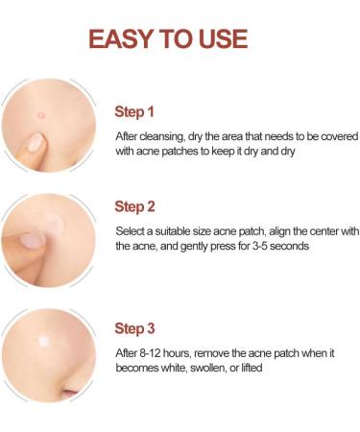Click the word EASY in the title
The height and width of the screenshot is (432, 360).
click(120, 38)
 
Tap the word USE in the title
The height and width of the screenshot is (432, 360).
click(223, 38)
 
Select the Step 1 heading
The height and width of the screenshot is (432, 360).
click(134, 112)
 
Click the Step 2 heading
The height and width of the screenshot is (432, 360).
click(134, 206)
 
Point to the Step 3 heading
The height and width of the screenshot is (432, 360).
click(134, 328)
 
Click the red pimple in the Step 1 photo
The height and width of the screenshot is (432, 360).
click(41, 114)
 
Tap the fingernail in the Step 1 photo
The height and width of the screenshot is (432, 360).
click(35, 142)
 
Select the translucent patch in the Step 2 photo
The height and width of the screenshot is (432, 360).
click(53, 224)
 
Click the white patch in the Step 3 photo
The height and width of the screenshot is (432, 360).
click(44, 341)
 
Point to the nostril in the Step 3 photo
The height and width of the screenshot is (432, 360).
click(70, 393)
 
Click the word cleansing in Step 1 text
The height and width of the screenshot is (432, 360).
click(162, 136)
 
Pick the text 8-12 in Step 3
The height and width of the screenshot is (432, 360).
click(150, 353)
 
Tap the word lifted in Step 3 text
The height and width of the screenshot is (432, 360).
click(252, 368)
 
